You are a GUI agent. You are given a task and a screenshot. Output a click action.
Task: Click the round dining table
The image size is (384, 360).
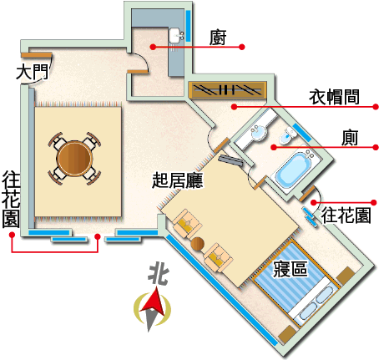(x=74, y=159)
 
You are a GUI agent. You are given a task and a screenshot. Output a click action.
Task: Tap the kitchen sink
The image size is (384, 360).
(x=176, y=36)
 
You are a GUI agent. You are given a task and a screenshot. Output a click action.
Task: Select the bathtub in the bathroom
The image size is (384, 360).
(x=295, y=170)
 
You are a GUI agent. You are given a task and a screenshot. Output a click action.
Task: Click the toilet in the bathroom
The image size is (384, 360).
(x=288, y=135)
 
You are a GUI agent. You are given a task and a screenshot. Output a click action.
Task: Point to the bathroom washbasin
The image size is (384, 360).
(x=259, y=132)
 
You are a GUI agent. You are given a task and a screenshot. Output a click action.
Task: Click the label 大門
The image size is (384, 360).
(x=33, y=72)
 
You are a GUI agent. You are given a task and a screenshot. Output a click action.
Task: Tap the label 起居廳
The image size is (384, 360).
(x=178, y=180)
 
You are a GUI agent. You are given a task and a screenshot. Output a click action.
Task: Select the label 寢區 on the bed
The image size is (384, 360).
(x=291, y=269)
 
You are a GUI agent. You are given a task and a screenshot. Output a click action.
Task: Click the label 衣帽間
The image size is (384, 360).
(x=334, y=97)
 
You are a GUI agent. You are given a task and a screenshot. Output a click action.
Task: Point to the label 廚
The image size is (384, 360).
(x=218, y=38)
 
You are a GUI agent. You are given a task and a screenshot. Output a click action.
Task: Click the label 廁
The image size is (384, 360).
(x=350, y=137)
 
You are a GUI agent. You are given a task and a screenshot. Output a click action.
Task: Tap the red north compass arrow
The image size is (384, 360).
(x=153, y=301)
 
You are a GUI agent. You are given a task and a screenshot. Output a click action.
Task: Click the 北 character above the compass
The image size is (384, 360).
(x=159, y=274)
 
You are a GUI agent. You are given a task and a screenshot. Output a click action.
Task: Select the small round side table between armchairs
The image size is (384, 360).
(x=198, y=244)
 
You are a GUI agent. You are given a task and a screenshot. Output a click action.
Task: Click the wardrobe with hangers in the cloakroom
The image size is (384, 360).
(x=227, y=89)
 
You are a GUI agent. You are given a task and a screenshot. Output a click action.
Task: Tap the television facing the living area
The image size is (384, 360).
(x=230, y=161)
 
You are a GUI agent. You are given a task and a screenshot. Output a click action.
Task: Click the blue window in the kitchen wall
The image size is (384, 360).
(x=188, y=26)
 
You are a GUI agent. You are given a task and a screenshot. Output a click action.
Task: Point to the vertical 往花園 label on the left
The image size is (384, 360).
(x=11, y=200)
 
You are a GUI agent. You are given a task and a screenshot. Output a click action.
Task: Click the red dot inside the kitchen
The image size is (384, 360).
(x=153, y=47)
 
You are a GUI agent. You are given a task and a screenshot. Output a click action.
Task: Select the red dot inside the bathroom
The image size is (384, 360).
(x=274, y=147)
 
